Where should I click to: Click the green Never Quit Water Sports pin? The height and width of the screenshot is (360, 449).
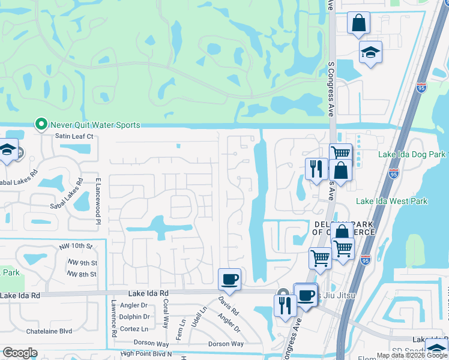pyautogui.click(x=41, y=125)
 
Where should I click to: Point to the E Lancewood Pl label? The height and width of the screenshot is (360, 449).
pyautogui.click(x=97, y=200)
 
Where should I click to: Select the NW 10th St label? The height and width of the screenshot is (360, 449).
pyautogui.click(x=80, y=247)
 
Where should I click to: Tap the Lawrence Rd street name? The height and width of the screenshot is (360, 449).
pyautogui.click(x=113, y=317)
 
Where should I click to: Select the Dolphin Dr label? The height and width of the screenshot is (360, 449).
pyautogui.click(x=134, y=317)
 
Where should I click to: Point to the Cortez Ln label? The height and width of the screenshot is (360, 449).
pyautogui.click(x=134, y=329)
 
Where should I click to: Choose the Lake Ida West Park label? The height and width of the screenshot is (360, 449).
pyautogui.click(x=392, y=201)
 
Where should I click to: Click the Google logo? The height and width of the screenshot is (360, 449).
pyautogui.click(x=20, y=353)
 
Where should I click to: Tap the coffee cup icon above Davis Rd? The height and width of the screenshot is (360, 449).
pyautogui.click(x=229, y=278)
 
